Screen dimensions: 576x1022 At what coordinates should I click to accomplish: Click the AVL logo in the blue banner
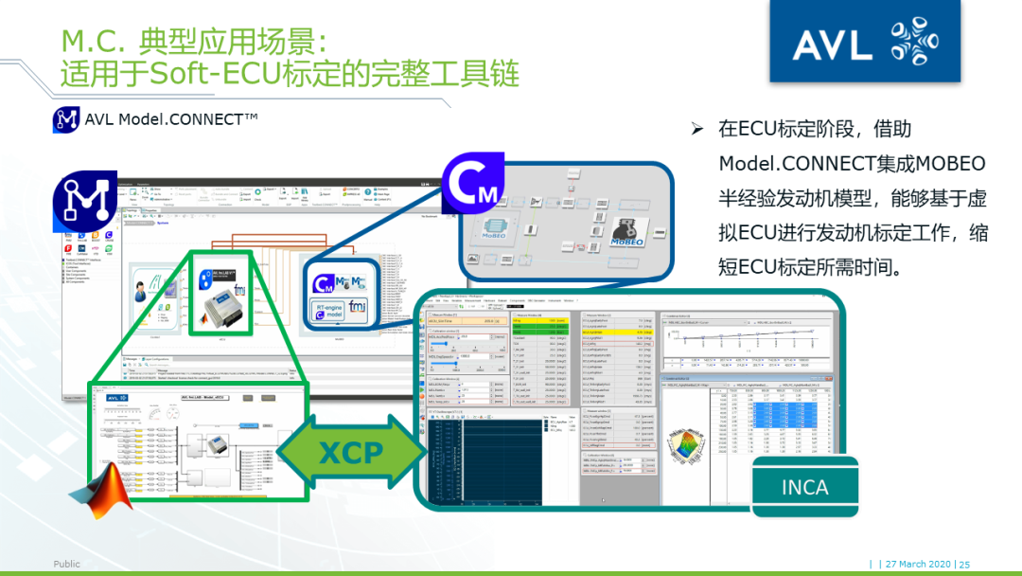point(863,43)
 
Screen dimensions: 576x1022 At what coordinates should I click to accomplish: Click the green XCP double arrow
point(349,451)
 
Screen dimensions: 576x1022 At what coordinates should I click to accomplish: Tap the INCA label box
point(804,487)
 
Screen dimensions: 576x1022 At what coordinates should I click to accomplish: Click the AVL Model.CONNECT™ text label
point(171,118)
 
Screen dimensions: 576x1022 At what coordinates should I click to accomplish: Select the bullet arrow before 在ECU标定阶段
point(698,129)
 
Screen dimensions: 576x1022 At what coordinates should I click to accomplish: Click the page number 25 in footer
point(964,564)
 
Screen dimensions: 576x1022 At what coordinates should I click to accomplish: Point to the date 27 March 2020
point(917,564)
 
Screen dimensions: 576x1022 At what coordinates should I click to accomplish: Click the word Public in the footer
point(66,564)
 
